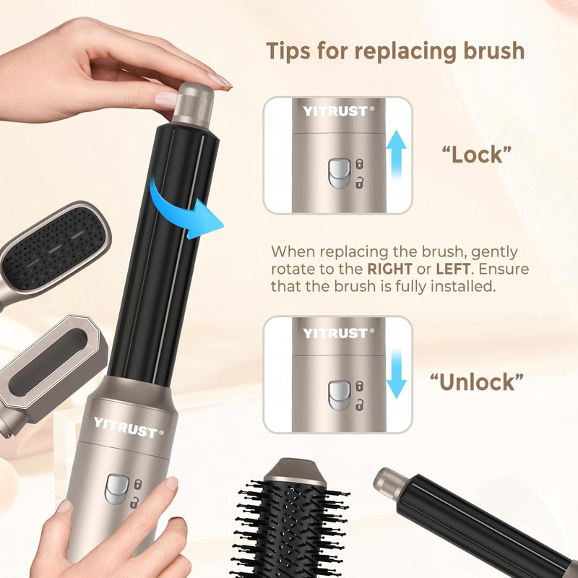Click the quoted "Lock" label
click(x=477, y=155)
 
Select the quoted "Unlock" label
click(x=477, y=382)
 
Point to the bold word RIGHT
click(x=389, y=269)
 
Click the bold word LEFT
click(x=453, y=269)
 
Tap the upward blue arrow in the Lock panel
click(x=396, y=155)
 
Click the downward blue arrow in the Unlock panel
click(x=396, y=374)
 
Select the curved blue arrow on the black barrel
click(x=177, y=210)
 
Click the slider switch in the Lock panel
click(x=339, y=173)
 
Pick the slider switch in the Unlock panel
click(x=339, y=395)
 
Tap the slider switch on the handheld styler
click(x=117, y=489)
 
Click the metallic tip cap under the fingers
click(x=193, y=104)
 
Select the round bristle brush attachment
click(x=290, y=519)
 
